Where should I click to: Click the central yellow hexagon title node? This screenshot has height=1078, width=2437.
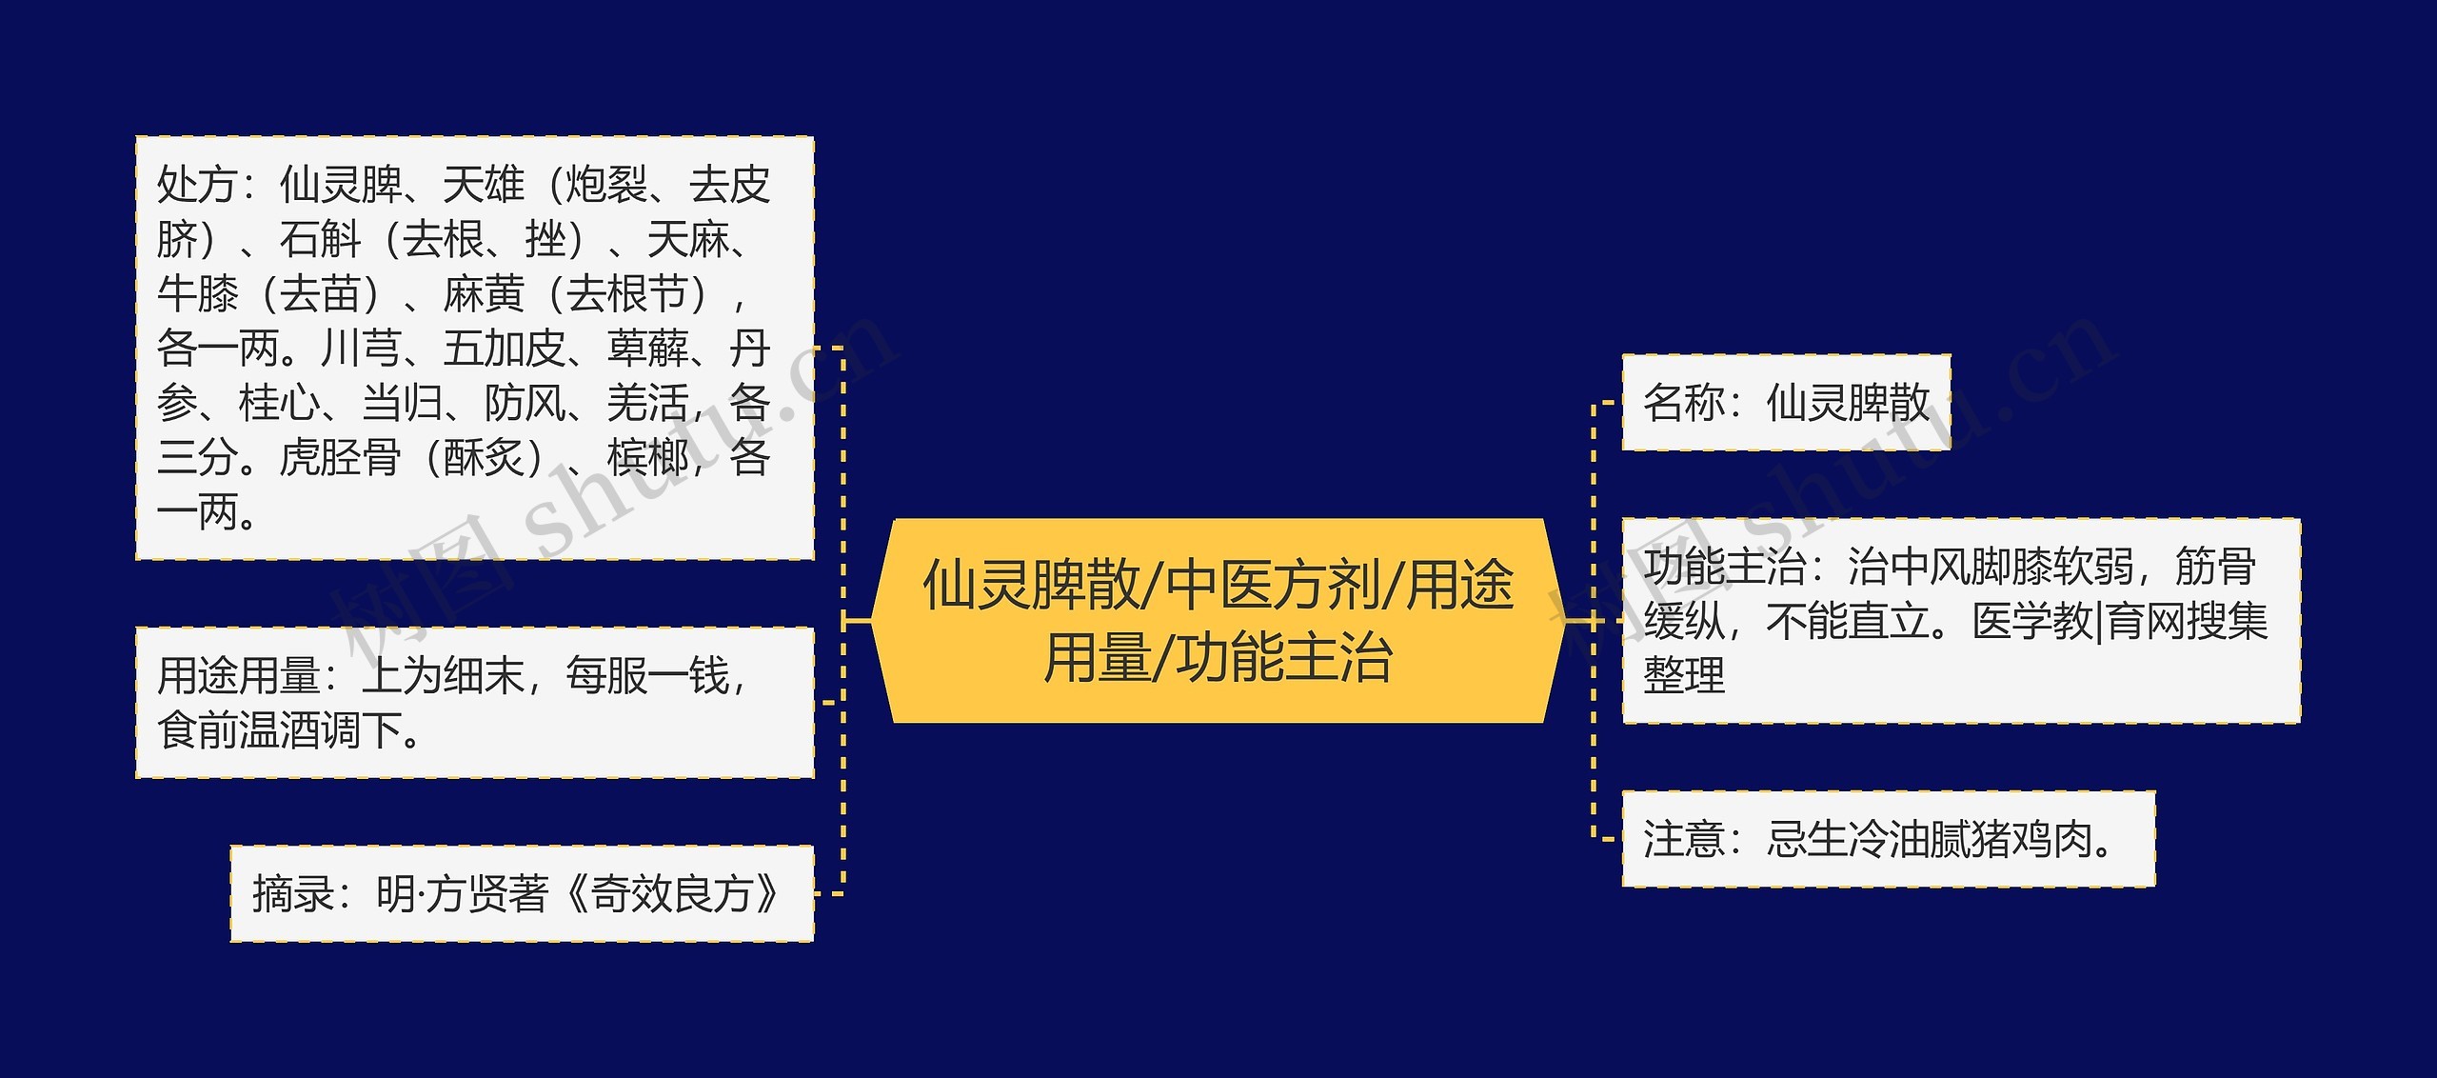click(1218, 621)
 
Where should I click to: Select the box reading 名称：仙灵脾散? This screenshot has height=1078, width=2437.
click(1786, 402)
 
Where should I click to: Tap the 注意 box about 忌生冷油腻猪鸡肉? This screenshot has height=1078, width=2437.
click(1888, 839)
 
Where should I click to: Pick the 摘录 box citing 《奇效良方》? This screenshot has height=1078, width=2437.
click(522, 893)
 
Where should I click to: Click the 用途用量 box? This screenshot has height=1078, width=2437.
click(474, 703)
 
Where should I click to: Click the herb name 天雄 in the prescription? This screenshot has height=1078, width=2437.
click(484, 185)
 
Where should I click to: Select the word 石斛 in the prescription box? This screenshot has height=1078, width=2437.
click(320, 240)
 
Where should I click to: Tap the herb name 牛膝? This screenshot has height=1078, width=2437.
click(197, 294)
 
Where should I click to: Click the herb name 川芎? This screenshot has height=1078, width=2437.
click(361, 349)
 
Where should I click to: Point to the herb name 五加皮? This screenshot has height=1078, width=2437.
click(505, 349)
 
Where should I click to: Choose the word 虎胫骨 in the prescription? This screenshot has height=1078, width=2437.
click(340, 458)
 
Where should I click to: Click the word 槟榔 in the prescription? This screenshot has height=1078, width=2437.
click(647, 458)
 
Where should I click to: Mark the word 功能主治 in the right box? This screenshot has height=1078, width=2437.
click(1724, 568)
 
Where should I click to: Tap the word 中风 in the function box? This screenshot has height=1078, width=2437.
click(1908, 568)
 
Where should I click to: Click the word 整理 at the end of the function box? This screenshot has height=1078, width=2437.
click(1684, 676)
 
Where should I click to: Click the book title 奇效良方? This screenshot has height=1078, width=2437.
click(672, 893)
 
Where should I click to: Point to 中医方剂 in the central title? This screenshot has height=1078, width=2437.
click(1274, 585)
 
